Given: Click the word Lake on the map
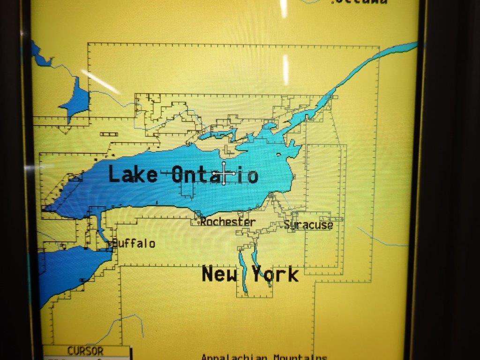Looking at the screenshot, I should pos(133,174).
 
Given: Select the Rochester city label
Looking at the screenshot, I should pos(228,222).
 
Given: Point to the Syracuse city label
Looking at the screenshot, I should pos(309,225).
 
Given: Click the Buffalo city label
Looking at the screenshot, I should pos(134,244).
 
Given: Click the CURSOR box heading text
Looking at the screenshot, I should pos(85,351).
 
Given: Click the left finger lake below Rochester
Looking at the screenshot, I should pos(242,272).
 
